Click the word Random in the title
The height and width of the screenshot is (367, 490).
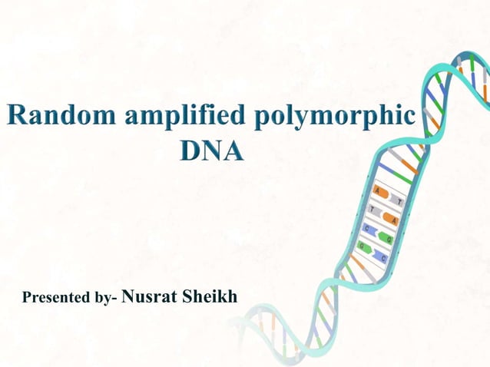click(54, 117)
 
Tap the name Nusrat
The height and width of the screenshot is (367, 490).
click(149, 296)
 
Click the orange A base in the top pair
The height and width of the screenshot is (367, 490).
click(380, 192)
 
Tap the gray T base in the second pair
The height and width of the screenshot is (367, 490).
click(374, 210)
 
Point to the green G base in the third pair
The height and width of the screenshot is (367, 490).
click(386, 238)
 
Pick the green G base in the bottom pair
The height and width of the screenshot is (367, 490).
click(363, 246)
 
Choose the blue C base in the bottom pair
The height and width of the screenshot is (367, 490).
click(381, 256)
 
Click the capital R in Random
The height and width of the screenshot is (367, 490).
click(16, 117)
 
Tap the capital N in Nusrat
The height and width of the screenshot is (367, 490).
click(130, 296)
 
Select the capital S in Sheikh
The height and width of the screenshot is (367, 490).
click(187, 296)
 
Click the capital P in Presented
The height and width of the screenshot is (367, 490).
click(28, 297)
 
